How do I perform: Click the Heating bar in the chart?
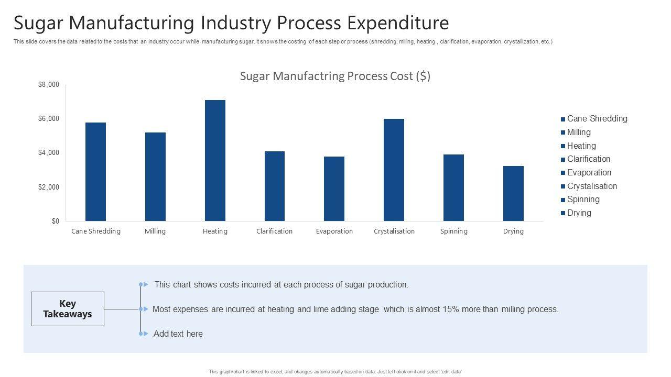pyautogui.click(x=215, y=160)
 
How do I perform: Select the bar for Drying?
pyautogui.click(x=513, y=193)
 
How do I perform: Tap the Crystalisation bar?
pyautogui.click(x=394, y=170)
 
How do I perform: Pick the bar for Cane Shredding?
pyautogui.click(x=95, y=172)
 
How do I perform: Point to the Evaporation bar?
pyautogui.click(x=334, y=188)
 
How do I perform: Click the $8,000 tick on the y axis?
pyautogui.click(x=49, y=85)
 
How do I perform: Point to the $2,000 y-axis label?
pyautogui.click(x=49, y=187)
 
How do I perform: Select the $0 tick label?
pyautogui.click(x=55, y=221)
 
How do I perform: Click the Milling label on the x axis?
pyautogui.click(x=155, y=231)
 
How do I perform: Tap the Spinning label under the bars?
pyautogui.click(x=453, y=231)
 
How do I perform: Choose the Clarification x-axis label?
pyautogui.click(x=274, y=231)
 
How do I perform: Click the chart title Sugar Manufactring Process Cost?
pyautogui.click(x=335, y=76)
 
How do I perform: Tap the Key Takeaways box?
pyautogui.click(x=68, y=309)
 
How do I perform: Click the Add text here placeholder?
pyautogui.click(x=178, y=334)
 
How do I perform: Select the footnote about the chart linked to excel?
pyautogui.click(x=335, y=372)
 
